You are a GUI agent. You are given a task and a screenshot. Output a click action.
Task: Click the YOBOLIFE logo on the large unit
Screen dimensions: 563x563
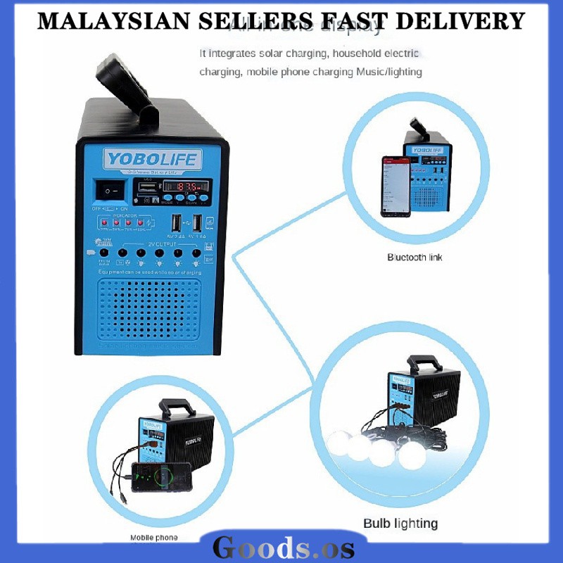152,159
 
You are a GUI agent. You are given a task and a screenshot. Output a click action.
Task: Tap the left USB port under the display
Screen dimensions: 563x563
175,222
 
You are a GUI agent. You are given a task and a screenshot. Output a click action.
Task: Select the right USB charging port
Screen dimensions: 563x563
197,222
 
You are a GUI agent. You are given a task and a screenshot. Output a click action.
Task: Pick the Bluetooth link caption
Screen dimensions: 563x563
415,258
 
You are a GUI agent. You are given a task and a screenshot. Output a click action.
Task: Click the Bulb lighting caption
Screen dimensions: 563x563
400,523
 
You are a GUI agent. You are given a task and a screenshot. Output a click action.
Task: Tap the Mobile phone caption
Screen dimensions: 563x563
154,538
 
